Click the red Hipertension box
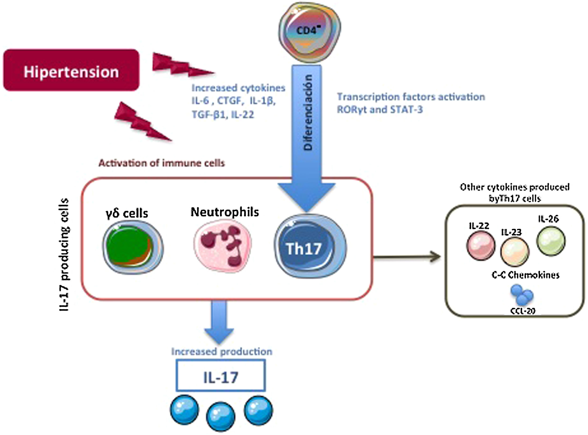click(x=71, y=70)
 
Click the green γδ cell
click(x=132, y=247)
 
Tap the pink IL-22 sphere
click(x=481, y=245)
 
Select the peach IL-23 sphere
click(x=515, y=251)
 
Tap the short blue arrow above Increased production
click(x=219, y=322)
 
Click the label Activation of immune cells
click(x=161, y=163)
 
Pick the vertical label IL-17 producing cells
click(x=64, y=254)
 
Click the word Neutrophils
click(x=225, y=212)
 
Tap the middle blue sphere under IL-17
click(x=220, y=416)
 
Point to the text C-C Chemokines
click(x=525, y=275)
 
